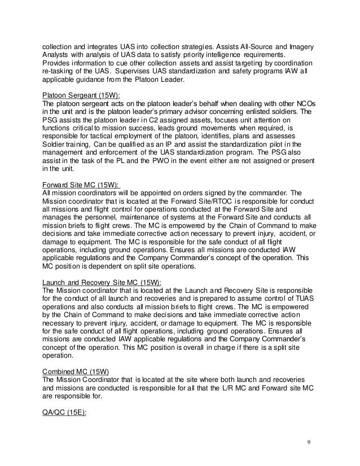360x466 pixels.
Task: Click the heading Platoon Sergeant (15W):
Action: pos(81,95)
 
